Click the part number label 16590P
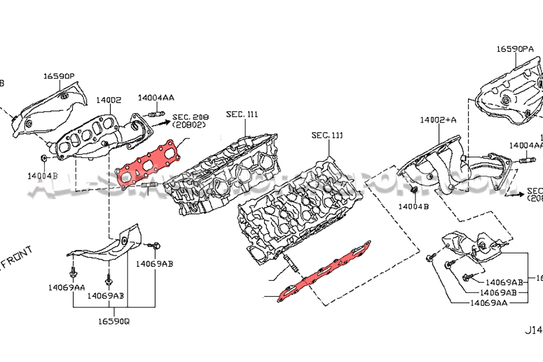point(59,76)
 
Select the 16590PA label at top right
point(514,48)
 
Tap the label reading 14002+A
point(438,120)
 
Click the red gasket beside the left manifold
point(148,163)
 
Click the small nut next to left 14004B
point(44,158)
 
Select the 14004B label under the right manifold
point(414,206)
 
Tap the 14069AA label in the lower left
point(67,287)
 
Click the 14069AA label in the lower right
point(488,302)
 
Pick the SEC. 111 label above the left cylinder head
point(242,114)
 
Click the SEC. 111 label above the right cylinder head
point(327,135)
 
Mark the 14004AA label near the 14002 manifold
point(156,97)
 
